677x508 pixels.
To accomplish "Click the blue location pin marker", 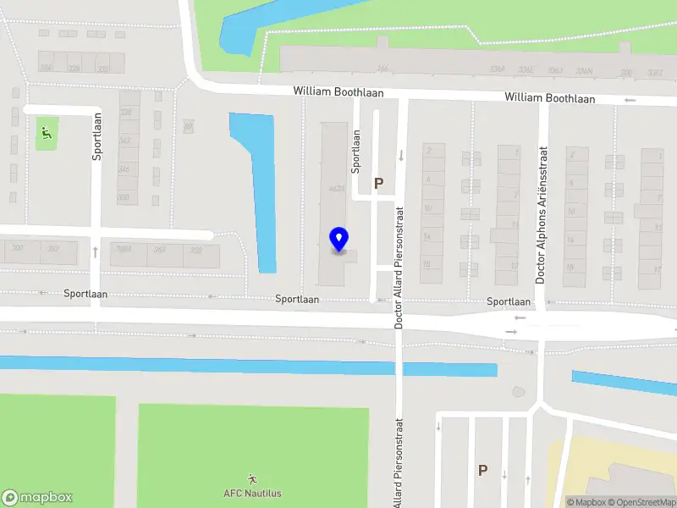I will point(339,240).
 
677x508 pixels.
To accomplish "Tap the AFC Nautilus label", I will point(252,493).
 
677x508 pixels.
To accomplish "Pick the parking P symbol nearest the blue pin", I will point(379,183).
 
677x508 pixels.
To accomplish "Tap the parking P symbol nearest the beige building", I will point(482,471).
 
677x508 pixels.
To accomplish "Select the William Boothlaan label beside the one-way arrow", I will point(550,98).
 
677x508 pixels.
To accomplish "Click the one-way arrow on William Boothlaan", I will point(629,100).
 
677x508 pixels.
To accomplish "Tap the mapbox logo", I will point(37,498).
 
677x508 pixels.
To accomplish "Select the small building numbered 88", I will point(188,127).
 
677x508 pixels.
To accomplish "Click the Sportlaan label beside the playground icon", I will point(97,136).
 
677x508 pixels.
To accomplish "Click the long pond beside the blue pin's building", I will point(258,186).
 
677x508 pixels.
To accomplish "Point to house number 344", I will point(124,169).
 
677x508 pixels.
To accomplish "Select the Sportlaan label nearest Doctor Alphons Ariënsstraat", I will point(509,301).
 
